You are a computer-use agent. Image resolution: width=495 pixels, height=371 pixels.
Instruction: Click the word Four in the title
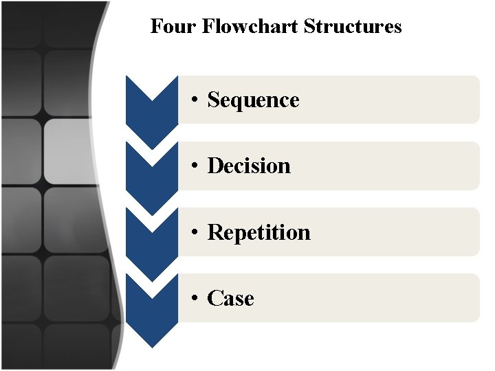166,27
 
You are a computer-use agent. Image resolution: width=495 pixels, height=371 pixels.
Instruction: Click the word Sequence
253,100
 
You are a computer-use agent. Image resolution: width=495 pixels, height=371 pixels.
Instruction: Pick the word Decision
249,166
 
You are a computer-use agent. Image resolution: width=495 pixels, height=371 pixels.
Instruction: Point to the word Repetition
258,232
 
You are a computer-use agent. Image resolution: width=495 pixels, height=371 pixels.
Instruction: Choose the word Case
230,298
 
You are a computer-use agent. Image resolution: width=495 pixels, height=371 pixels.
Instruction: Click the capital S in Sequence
213,100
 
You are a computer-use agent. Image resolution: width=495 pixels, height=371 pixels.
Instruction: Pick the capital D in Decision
214,166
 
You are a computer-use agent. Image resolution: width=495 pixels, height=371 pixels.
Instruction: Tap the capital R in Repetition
214,232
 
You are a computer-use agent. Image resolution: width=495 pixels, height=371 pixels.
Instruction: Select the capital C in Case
214,298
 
